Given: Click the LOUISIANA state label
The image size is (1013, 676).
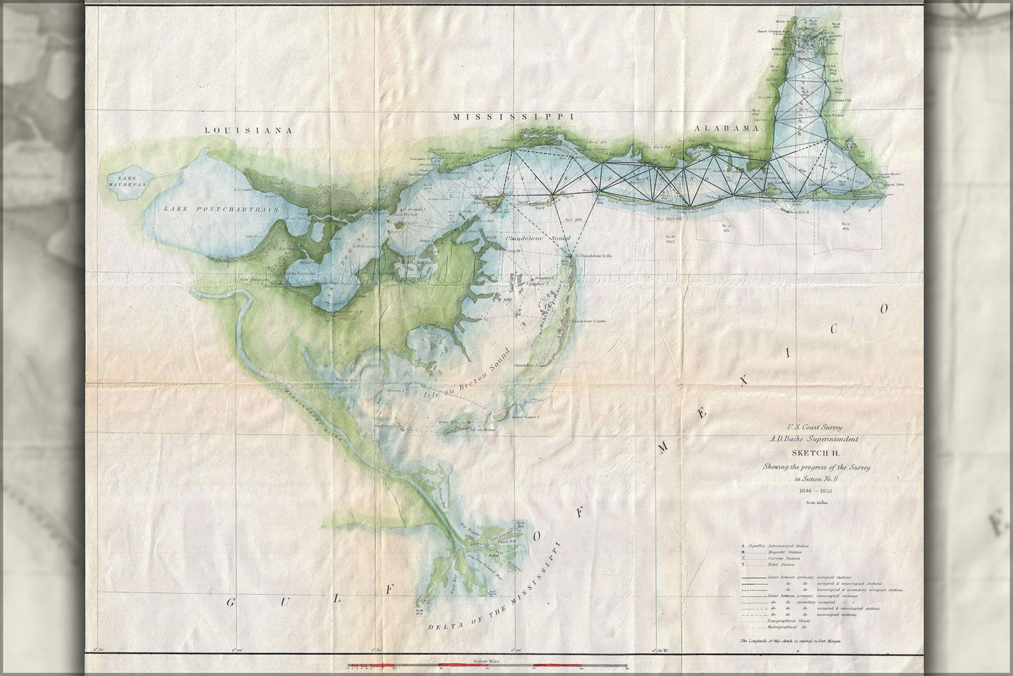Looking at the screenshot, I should tap(250, 130).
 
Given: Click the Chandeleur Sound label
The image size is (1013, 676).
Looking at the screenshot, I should tap(538, 239).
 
